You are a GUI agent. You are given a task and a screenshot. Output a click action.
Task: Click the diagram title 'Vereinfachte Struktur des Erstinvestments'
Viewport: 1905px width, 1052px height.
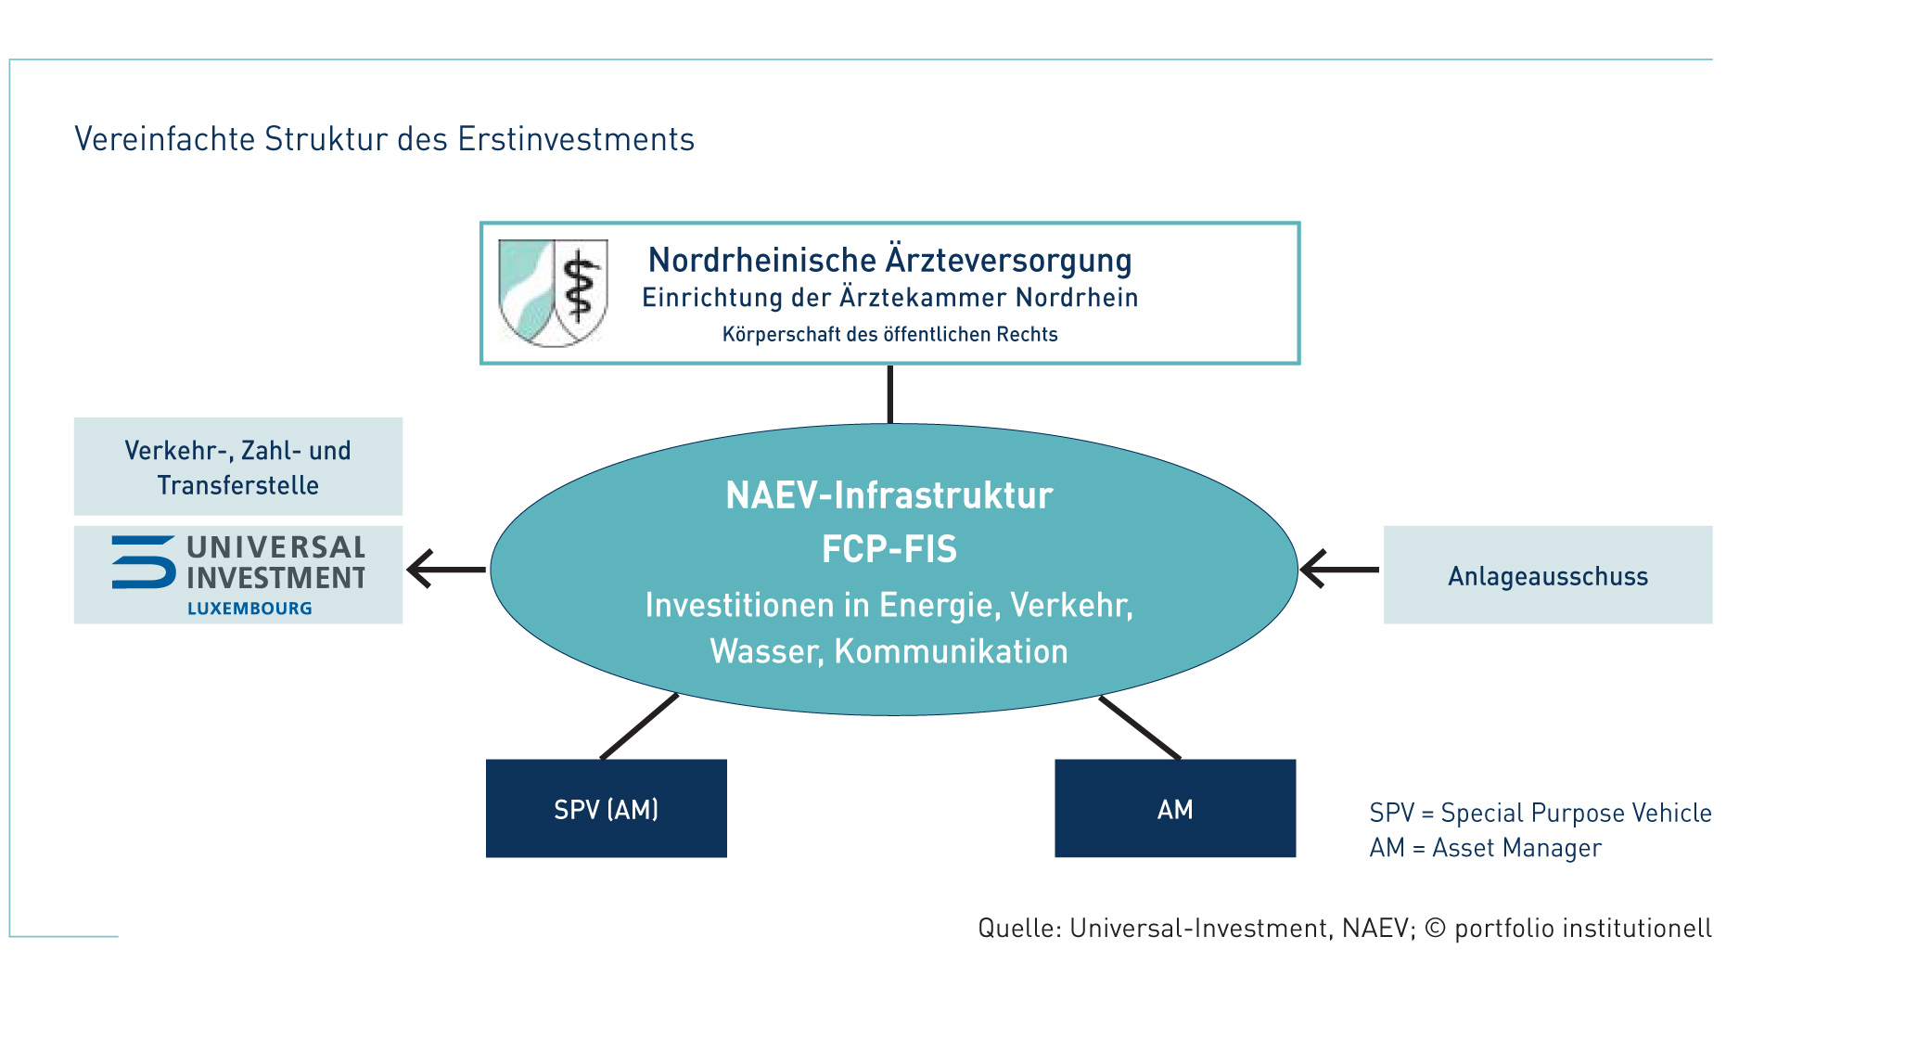(384, 139)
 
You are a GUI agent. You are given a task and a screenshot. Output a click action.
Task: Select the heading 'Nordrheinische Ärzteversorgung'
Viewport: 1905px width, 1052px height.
(889, 261)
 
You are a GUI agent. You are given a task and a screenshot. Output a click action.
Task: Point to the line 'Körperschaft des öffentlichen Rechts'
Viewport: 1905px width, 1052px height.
(889, 334)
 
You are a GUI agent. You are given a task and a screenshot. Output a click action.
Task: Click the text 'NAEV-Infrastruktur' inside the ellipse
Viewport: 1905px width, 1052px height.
(889, 495)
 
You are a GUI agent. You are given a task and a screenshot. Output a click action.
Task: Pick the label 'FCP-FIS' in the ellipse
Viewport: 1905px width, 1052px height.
(889, 549)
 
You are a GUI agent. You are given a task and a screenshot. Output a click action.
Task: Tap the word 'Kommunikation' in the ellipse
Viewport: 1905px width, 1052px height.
(951, 651)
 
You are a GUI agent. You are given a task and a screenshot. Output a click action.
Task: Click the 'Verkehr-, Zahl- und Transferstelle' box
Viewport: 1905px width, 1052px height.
(238, 467)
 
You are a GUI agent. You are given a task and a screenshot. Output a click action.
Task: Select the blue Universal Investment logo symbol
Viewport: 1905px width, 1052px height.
(144, 562)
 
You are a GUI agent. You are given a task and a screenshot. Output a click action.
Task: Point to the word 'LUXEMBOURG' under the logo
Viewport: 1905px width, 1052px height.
(249, 609)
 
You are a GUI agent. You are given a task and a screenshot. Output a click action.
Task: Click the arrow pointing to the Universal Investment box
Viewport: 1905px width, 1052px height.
(446, 569)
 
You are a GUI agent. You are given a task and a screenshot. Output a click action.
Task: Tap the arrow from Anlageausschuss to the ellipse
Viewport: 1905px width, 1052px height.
(1339, 569)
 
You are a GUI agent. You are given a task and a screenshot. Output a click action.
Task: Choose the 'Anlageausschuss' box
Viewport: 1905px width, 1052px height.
(1548, 575)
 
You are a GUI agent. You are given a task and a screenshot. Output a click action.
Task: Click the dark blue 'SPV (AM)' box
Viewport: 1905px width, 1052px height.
(607, 809)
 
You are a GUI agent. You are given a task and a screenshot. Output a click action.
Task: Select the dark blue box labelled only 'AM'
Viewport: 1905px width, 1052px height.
(1175, 809)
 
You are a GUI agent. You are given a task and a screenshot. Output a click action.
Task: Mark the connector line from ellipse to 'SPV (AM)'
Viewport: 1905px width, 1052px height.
(639, 726)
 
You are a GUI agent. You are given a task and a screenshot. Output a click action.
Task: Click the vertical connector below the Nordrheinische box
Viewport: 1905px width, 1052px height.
(890, 394)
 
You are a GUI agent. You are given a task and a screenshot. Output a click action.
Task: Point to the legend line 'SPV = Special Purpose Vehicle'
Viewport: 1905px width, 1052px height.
(1541, 813)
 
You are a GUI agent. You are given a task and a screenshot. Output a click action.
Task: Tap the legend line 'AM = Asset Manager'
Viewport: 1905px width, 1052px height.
(1486, 848)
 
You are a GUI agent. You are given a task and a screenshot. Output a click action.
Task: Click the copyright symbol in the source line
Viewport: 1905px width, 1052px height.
(1435, 929)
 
